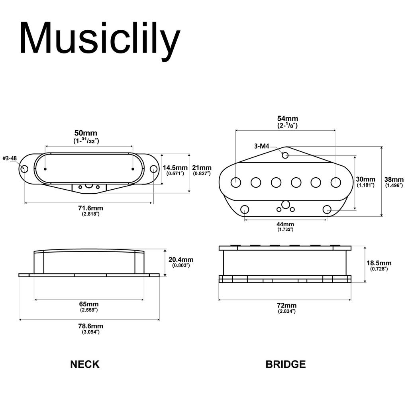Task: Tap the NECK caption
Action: (x=85, y=364)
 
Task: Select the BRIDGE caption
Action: (x=286, y=364)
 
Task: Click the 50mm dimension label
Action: (x=86, y=133)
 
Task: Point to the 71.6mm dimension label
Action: (x=90, y=208)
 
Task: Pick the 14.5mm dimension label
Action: (x=175, y=168)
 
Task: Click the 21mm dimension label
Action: (x=202, y=168)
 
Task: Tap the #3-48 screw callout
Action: (x=10, y=158)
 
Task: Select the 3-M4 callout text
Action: (x=262, y=146)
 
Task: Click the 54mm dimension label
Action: (x=288, y=119)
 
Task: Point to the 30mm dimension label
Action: (x=366, y=179)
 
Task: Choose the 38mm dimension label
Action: (x=394, y=179)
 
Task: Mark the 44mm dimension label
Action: (x=286, y=224)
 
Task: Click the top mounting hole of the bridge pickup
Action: (x=285, y=155)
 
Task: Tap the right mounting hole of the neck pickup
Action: (x=153, y=169)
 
